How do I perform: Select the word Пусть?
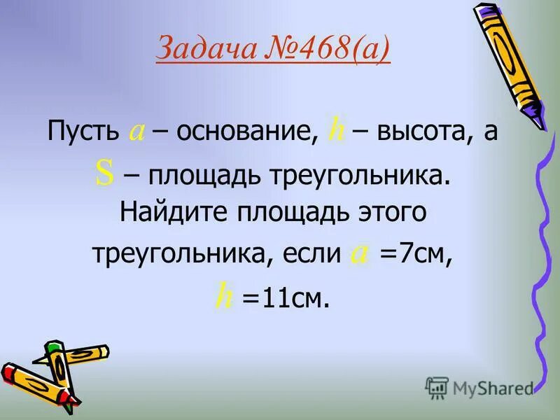pos(85,132)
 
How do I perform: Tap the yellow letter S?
pos(104,176)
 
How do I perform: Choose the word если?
pos(311,253)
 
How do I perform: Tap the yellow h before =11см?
pos(224,297)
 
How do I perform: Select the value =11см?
pos(285,299)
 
